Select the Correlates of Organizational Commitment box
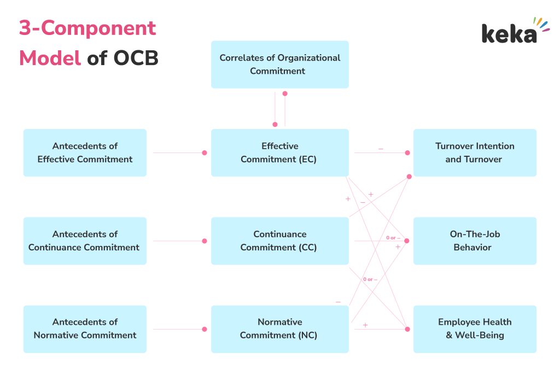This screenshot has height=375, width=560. tap(279, 65)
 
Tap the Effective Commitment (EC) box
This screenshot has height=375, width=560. tap(279, 153)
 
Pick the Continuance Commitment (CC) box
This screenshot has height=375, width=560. tap(279, 241)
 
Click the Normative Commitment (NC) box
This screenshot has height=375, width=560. tap(279, 329)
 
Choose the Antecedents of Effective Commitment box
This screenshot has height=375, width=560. tap(85, 153)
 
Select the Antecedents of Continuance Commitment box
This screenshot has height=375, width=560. tap(85, 241)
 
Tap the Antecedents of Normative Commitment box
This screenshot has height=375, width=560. tap(85, 329)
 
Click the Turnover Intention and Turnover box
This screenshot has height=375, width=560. tap(475, 153)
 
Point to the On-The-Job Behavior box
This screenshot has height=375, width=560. tap(475, 241)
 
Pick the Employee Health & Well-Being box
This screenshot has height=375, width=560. tap(475, 329)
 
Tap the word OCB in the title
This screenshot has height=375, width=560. tap(136, 57)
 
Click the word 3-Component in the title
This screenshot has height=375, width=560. tap(87, 28)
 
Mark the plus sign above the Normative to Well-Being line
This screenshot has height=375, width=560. tap(365, 325)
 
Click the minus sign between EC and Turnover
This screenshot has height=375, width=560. tap(381, 149)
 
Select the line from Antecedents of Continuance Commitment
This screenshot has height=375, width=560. tap(178, 241)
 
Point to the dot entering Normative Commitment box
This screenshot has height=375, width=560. tap(205, 329)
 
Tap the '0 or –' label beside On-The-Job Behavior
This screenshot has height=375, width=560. tap(393, 238)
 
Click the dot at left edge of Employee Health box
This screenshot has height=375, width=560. tap(407, 329)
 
